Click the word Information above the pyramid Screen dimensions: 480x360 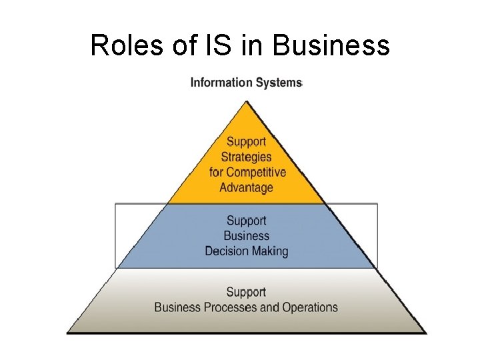pos(221,83)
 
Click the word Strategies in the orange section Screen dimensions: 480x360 pos(246,157)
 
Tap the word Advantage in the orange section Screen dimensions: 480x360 pos(246,187)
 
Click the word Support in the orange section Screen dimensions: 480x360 pos(246,141)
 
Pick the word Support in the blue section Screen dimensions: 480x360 pos(246,221)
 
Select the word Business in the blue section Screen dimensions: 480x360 pos(246,236)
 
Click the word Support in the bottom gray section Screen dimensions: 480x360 pos(246,292)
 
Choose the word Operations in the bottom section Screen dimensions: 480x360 pos(310,307)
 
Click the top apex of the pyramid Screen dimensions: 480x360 pos(247,101)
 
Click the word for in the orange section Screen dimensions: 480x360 pos(216,172)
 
